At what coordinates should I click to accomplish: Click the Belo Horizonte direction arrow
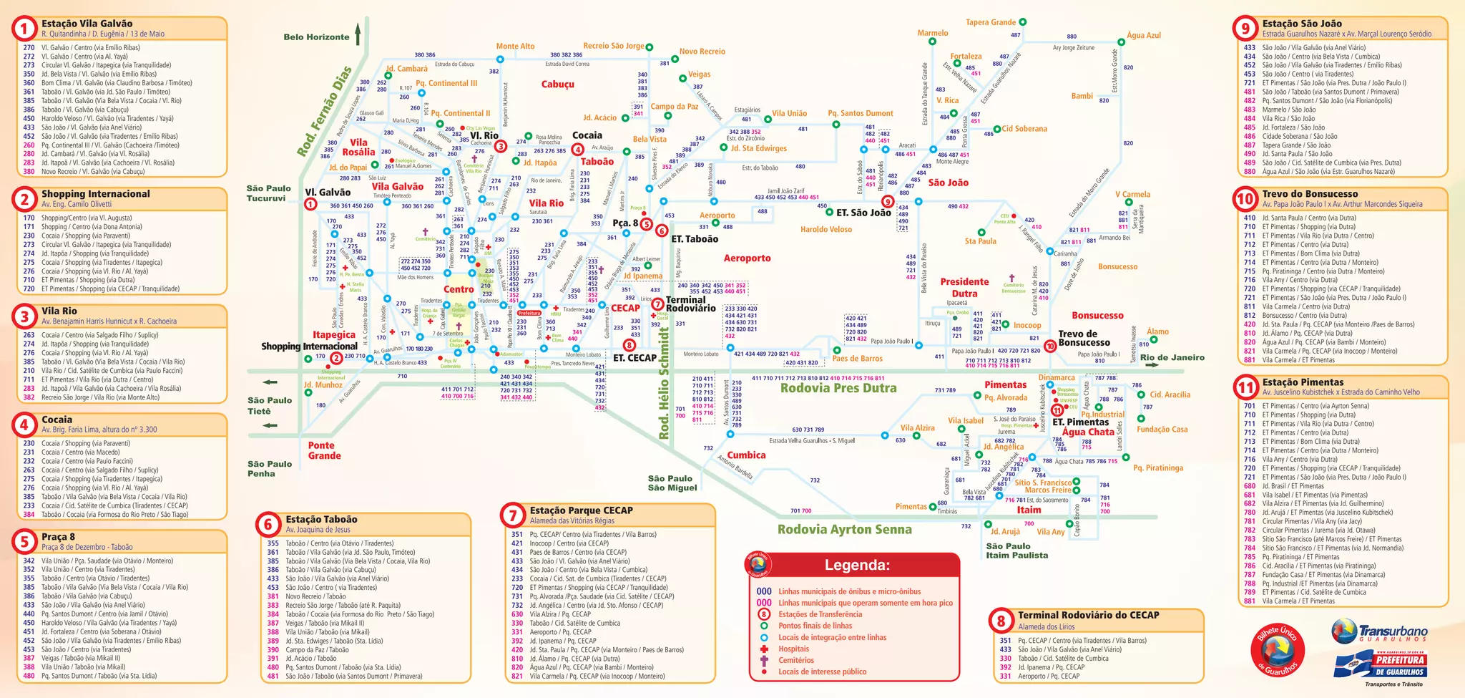click(x=358, y=34)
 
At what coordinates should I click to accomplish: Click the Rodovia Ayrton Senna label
click(x=844, y=530)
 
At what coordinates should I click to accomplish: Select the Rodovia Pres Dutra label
click(x=838, y=388)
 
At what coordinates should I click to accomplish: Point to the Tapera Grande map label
click(x=991, y=22)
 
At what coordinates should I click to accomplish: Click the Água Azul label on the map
click(x=1143, y=35)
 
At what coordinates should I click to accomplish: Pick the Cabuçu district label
click(x=557, y=84)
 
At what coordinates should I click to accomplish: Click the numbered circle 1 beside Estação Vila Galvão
click(x=24, y=29)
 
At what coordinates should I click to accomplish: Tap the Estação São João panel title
click(x=1302, y=24)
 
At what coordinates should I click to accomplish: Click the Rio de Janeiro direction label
click(x=1172, y=357)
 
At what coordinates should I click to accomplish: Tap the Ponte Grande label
click(x=324, y=450)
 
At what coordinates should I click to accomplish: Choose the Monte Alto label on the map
click(x=515, y=46)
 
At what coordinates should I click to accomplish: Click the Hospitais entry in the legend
click(x=794, y=649)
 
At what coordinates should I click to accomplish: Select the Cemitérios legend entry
click(x=795, y=660)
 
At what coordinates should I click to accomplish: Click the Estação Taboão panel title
click(x=321, y=519)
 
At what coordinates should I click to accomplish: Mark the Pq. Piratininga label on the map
click(x=1157, y=467)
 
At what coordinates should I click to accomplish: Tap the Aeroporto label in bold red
click(x=747, y=258)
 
